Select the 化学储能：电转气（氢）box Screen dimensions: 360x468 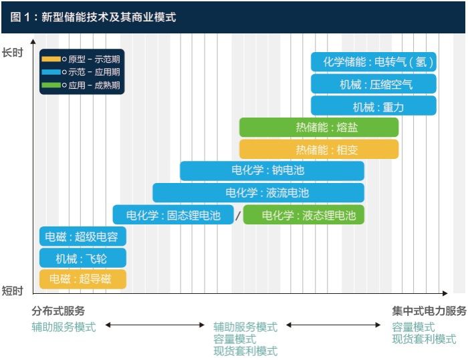373,62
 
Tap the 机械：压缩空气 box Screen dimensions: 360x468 373,84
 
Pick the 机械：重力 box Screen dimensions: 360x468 373,106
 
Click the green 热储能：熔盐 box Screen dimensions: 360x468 319,128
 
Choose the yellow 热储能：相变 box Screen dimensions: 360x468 319,150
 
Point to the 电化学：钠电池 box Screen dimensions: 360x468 271,171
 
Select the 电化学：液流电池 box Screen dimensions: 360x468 258,193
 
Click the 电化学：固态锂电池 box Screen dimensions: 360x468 173,215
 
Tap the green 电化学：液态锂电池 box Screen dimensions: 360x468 304,215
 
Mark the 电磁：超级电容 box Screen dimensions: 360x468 82,236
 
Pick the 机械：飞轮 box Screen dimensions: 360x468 82,258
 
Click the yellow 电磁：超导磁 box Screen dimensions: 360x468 82,279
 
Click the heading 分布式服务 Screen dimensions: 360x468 58,311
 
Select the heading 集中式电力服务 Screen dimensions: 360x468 429,311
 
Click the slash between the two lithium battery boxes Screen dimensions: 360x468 238,216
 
